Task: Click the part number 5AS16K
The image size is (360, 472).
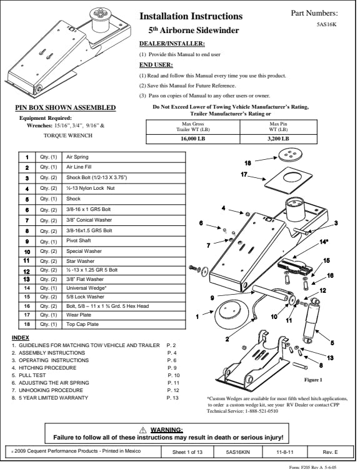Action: pyautogui.click(x=326, y=25)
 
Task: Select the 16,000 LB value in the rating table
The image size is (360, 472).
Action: pyautogui.click(x=192, y=139)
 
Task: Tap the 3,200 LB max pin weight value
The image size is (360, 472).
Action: pyautogui.click(x=278, y=139)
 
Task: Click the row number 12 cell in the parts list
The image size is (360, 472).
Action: pyautogui.click(x=27, y=271)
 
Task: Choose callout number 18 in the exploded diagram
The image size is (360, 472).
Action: pyautogui.click(x=247, y=163)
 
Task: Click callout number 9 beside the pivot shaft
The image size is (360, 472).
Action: pyautogui.click(x=212, y=298)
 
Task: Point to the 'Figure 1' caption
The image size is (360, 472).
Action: pyautogui.click(x=313, y=380)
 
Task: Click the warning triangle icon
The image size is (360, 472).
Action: pyautogui.click(x=142, y=430)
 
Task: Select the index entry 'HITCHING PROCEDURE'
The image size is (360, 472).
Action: pyautogui.click(x=47, y=368)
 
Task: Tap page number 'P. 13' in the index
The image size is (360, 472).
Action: pyautogui.click(x=172, y=398)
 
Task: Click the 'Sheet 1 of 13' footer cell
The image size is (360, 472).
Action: pyautogui.click(x=187, y=452)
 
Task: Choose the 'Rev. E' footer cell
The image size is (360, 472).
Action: pyautogui.click(x=330, y=452)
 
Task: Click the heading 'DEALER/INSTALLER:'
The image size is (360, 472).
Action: pyautogui.click(x=172, y=44)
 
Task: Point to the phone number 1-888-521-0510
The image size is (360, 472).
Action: pyautogui.click(x=261, y=411)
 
